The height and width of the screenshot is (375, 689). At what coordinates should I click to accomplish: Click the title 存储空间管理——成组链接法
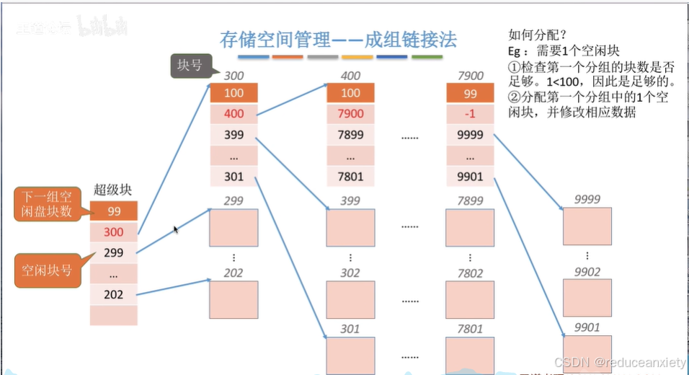[x=338, y=39]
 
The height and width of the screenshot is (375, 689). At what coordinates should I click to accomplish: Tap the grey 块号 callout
[x=190, y=67]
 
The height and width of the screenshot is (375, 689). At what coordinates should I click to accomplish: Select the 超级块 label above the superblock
[x=113, y=191]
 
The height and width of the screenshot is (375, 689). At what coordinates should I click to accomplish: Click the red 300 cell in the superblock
[x=113, y=232]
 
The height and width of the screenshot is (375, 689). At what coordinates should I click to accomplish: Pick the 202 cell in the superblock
[x=113, y=294]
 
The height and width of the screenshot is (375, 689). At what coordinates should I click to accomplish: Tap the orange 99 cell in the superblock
[x=113, y=211]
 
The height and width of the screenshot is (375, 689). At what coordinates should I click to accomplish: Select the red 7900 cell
[x=350, y=114]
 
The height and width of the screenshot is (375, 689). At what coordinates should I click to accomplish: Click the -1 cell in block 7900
[x=471, y=114]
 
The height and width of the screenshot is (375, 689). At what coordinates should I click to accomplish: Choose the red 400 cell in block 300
[x=234, y=114]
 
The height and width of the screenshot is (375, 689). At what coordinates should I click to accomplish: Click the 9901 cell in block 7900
[x=471, y=177]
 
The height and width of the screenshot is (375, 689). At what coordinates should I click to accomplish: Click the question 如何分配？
[x=537, y=34]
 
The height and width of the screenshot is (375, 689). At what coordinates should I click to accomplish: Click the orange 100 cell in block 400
[x=350, y=93]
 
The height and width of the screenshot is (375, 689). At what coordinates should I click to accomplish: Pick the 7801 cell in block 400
[x=350, y=177]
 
